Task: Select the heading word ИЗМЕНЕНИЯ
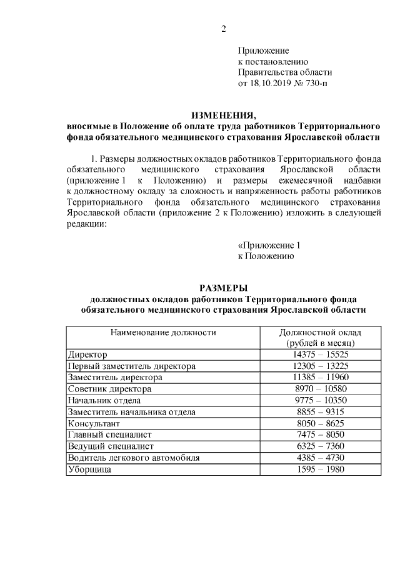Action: pyautogui.click(x=223, y=115)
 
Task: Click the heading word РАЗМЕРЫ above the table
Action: pyautogui.click(x=223, y=288)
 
